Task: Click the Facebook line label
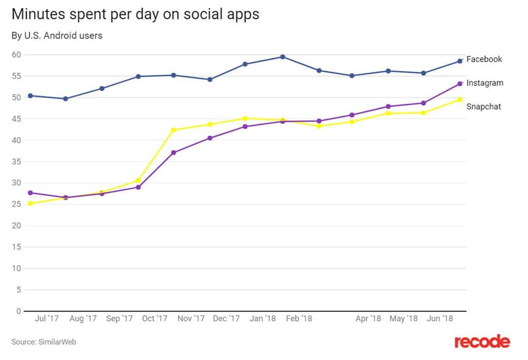[x=484, y=59]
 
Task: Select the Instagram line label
[x=485, y=83]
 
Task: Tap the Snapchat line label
[x=484, y=107]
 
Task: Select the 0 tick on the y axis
[x=19, y=311]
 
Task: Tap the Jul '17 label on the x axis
[x=46, y=319]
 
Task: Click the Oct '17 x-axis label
[x=155, y=319]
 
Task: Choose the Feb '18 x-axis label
[x=299, y=319]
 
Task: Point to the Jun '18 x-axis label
[x=440, y=319]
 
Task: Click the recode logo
[x=482, y=341]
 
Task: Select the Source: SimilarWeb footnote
[x=44, y=341]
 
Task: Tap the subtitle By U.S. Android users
[x=57, y=36]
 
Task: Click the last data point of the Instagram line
[x=459, y=84]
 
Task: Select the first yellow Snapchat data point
[x=30, y=203]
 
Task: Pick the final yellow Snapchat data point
[x=459, y=100]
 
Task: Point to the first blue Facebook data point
[x=30, y=95]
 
